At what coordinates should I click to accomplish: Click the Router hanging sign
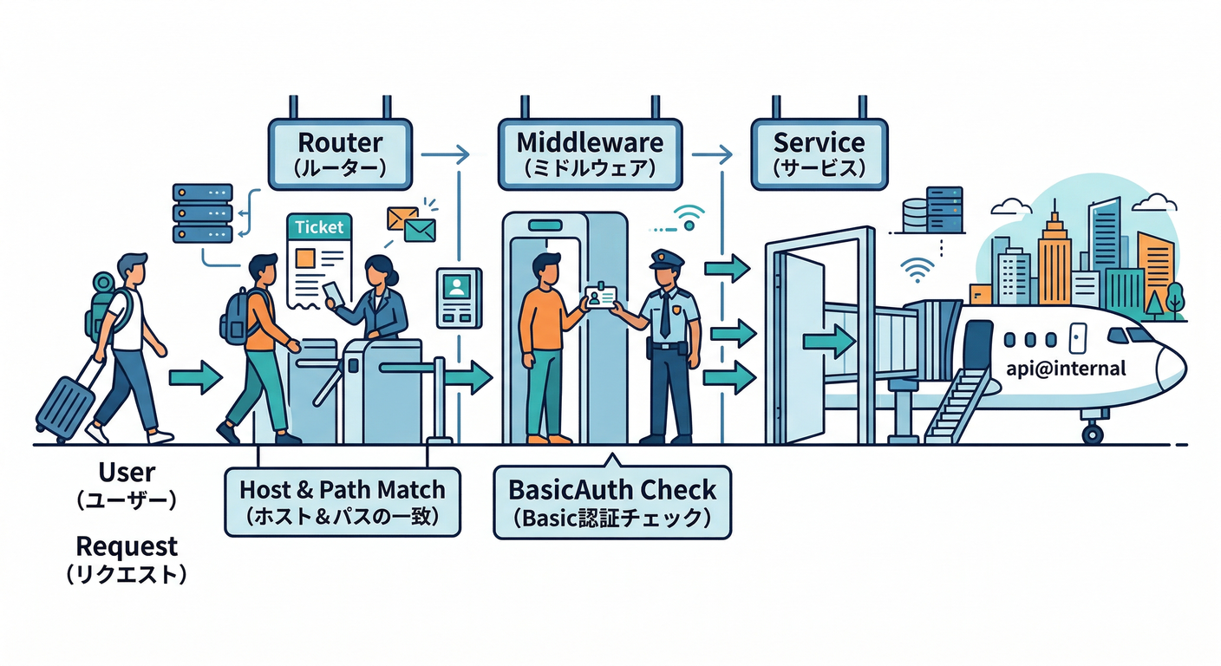[x=340, y=153]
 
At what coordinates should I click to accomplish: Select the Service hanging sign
[x=819, y=153]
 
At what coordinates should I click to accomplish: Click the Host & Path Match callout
[x=342, y=501]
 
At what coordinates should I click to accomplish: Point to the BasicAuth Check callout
[x=612, y=501]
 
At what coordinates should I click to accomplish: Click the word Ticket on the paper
[x=319, y=227]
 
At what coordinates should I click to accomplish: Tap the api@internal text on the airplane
[x=1066, y=369]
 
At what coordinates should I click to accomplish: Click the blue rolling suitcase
[x=66, y=405]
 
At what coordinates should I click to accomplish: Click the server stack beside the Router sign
[x=203, y=212]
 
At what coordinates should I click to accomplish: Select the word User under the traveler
[x=127, y=473]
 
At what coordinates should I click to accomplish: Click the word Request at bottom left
[x=127, y=546]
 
